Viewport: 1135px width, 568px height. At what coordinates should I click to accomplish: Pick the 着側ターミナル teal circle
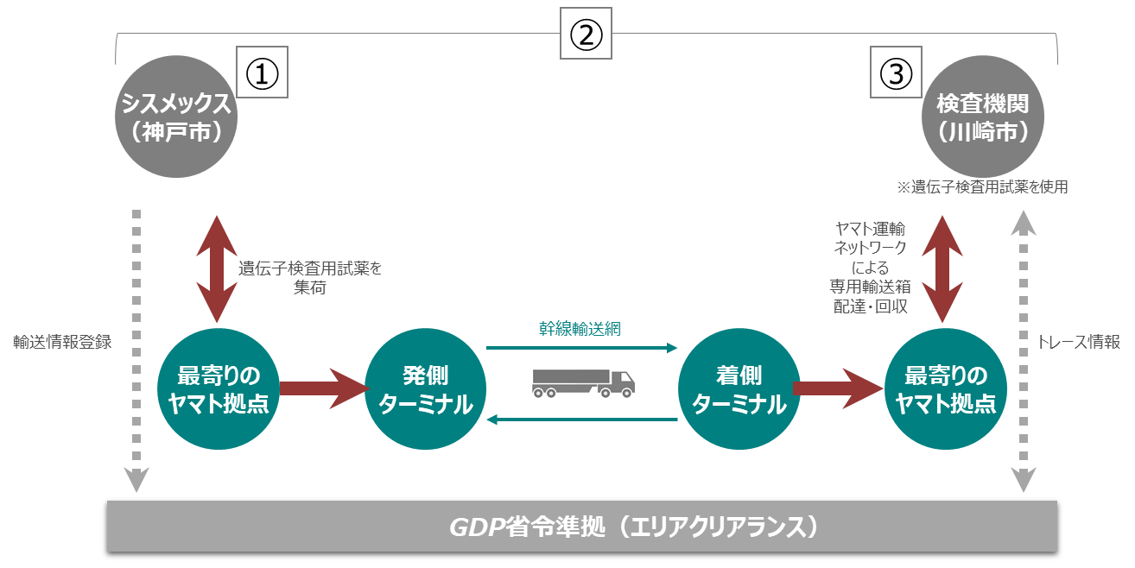click(739, 390)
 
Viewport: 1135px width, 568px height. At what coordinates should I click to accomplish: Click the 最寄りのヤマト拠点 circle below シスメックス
click(218, 390)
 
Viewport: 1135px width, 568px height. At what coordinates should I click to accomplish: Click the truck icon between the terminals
click(582, 383)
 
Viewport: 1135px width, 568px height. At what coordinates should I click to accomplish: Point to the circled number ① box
click(262, 73)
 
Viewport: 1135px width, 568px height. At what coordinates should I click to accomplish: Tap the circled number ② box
click(586, 35)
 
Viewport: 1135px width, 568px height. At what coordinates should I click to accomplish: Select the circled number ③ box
click(896, 73)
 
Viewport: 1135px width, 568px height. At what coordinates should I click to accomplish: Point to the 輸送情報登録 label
click(62, 342)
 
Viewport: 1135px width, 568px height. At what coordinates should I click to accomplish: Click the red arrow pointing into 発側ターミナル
click(321, 390)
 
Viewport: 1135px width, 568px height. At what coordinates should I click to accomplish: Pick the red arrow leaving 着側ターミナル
click(836, 390)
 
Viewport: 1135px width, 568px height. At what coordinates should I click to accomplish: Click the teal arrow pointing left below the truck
click(582, 420)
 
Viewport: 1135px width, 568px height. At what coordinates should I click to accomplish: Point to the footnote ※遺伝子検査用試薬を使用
click(982, 186)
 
